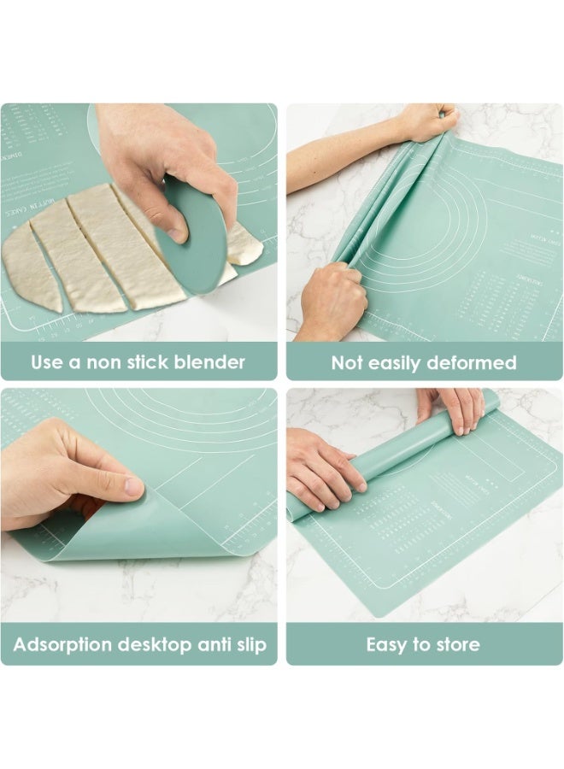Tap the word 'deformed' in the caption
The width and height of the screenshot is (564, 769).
pyautogui.click(x=473, y=363)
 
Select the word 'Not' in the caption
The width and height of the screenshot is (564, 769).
pyautogui.click(x=348, y=363)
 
